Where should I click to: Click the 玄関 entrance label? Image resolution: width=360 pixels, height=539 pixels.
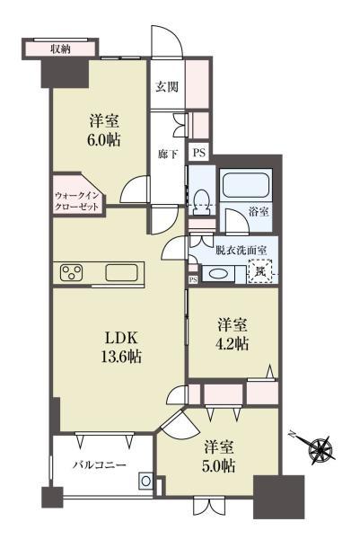pos(167,86)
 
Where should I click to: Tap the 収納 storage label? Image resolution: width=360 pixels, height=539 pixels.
pos(60,49)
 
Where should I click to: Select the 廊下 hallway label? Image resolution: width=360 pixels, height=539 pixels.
pos(168,155)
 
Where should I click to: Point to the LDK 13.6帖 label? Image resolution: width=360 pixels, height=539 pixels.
pos(121,348)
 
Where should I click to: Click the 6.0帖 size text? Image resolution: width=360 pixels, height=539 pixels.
pos(104,141)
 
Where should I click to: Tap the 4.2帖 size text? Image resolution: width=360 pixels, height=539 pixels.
pos(233,343)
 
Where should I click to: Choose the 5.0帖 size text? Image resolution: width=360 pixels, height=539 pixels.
pos(220,465)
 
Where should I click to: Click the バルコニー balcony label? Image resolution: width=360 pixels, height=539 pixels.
pos(100,465)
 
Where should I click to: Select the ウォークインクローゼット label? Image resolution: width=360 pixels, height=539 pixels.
pos(76,201)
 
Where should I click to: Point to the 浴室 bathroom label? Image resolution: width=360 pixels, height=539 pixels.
pos(259,212)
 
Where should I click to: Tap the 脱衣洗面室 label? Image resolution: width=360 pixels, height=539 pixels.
pos(241,251)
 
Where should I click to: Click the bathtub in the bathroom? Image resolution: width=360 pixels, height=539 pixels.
pos(245,184)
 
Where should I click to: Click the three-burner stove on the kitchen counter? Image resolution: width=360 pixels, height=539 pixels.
pos(72,272)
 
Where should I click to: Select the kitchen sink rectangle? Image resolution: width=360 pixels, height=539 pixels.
pos(121,273)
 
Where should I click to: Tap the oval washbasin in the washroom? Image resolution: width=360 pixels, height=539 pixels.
pos(217,274)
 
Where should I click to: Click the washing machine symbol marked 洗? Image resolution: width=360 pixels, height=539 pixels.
pos(260,271)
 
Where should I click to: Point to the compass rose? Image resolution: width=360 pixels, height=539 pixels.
pos(321,449)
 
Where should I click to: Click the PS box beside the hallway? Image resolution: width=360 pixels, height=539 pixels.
pos(198,153)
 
